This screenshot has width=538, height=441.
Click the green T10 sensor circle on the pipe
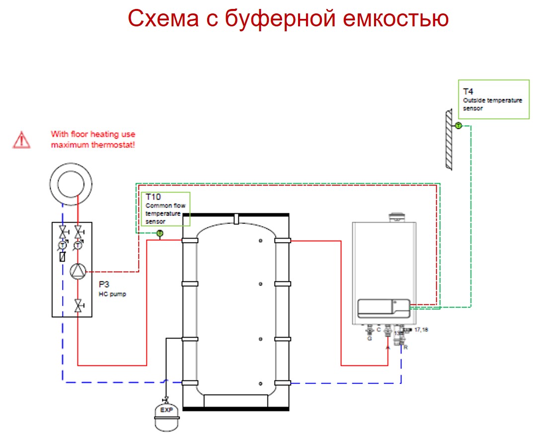159,233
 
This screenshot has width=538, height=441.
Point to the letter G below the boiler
369,338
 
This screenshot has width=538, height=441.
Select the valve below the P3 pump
78,304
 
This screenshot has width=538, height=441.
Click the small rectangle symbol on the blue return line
63,257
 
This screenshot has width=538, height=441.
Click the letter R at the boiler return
406,347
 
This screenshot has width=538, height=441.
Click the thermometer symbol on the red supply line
78,245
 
